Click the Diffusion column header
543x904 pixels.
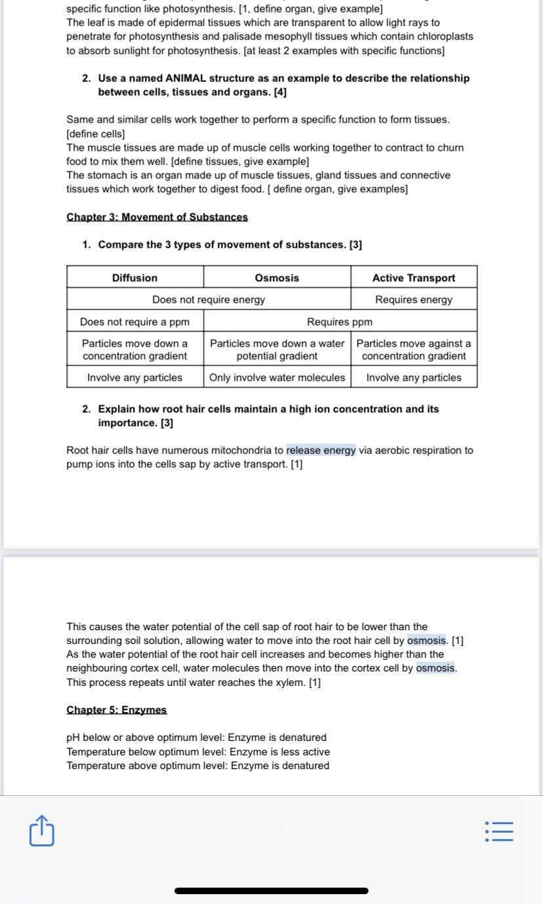click(134, 278)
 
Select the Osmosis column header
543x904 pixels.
click(277, 278)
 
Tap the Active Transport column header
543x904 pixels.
click(414, 278)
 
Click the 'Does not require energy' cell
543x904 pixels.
click(209, 299)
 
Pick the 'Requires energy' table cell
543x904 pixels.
click(414, 299)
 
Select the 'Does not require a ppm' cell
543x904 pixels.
click(134, 322)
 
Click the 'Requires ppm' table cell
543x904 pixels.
click(340, 322)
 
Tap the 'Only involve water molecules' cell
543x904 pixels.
click(277, 377)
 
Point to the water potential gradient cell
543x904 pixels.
click(277, 350)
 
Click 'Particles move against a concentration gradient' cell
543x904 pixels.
click(414, 350)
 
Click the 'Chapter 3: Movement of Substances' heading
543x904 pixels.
click(157, 217)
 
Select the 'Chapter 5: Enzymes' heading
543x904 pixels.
click(117, 709)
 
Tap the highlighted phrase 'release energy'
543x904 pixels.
click(321, 450)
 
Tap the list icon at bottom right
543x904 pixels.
click(500, 831)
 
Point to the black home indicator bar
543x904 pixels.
click(271, 891)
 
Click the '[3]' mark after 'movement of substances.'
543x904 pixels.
click(355, 244)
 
